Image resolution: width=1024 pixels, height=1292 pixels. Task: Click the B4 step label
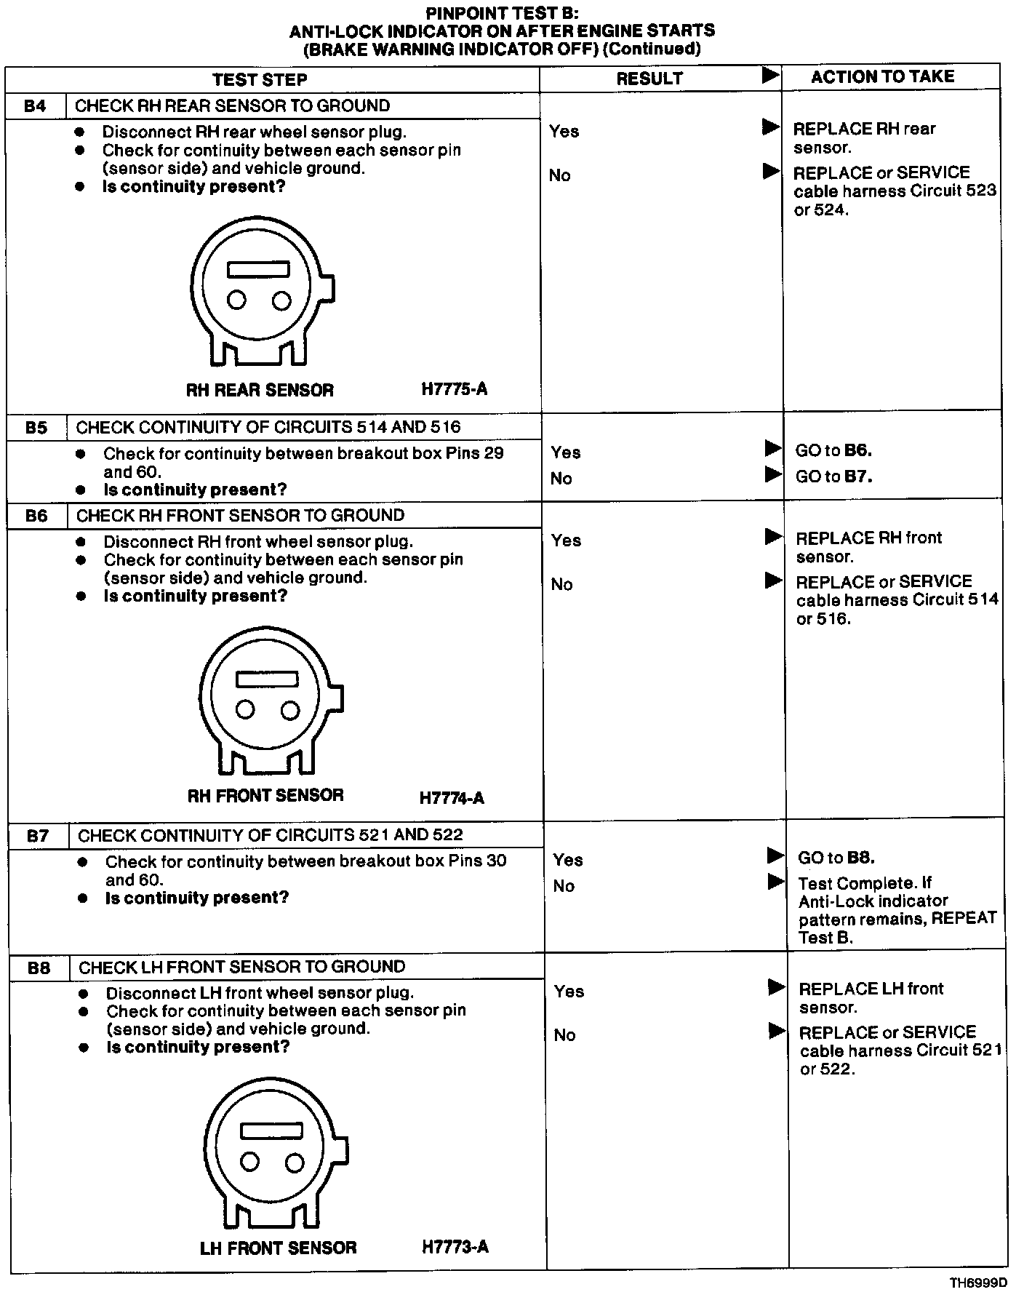[x=35, y=106]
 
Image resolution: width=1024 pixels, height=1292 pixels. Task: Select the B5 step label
[x=36, y=428]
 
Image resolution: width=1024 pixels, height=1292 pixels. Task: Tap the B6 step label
[x=36, y=516]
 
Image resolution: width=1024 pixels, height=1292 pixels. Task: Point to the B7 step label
[x=38, y=836]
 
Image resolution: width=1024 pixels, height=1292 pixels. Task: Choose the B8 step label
[x=39, y=968]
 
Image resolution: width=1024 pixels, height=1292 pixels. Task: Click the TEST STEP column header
[x=260, y=79]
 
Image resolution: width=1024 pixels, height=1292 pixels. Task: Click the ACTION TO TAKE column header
[x=882, y=76]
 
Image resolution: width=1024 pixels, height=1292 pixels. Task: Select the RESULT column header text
[x=649, y=79]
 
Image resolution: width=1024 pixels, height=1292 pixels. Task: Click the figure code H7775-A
[x=455, y=389]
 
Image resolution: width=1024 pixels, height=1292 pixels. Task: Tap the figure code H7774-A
[x=452, y=798]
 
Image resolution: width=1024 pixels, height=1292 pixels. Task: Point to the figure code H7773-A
[x=455, y=1247]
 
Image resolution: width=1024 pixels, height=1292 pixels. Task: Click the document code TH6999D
[x=978, y=1282]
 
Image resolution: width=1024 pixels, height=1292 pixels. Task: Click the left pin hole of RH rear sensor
[x=236, y=300]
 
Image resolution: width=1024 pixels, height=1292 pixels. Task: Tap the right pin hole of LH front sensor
[x=295, y=1163]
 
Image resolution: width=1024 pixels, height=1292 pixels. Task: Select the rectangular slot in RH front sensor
[x=267, y=679]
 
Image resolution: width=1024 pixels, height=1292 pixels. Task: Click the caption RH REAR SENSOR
[x=260, y=390]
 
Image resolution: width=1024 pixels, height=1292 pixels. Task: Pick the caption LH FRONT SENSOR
[x=278, y=1248]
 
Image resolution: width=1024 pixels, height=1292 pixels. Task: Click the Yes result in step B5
[x=565, y=452]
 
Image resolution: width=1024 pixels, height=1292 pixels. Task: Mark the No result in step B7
[x=564, y=886]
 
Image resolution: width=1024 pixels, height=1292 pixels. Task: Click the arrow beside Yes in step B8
[x=777, y=987]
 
